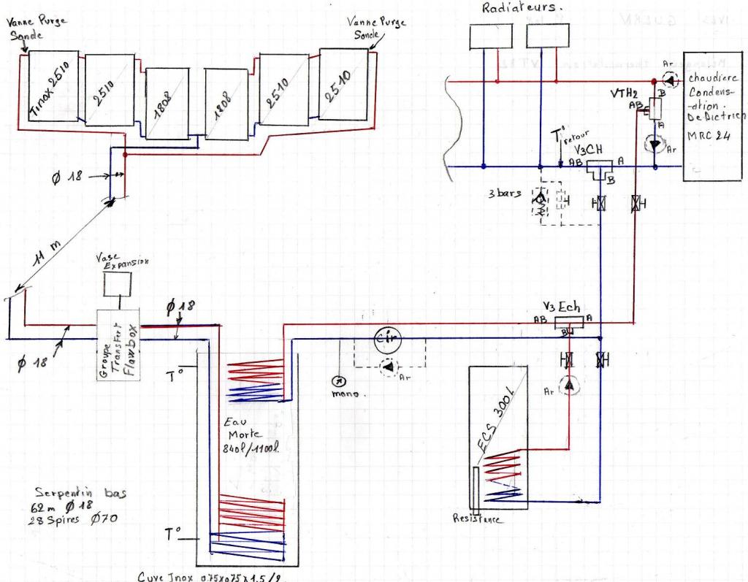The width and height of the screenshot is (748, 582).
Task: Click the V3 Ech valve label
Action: [x=561, y=307]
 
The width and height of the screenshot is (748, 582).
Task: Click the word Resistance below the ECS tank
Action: [x=477, y=519]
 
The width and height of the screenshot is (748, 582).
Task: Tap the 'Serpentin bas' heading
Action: [x=80, y=493]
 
